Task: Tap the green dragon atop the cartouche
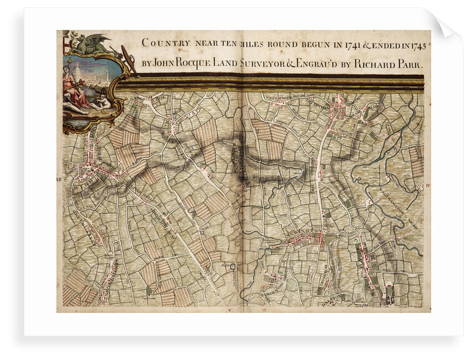[95, 44]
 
